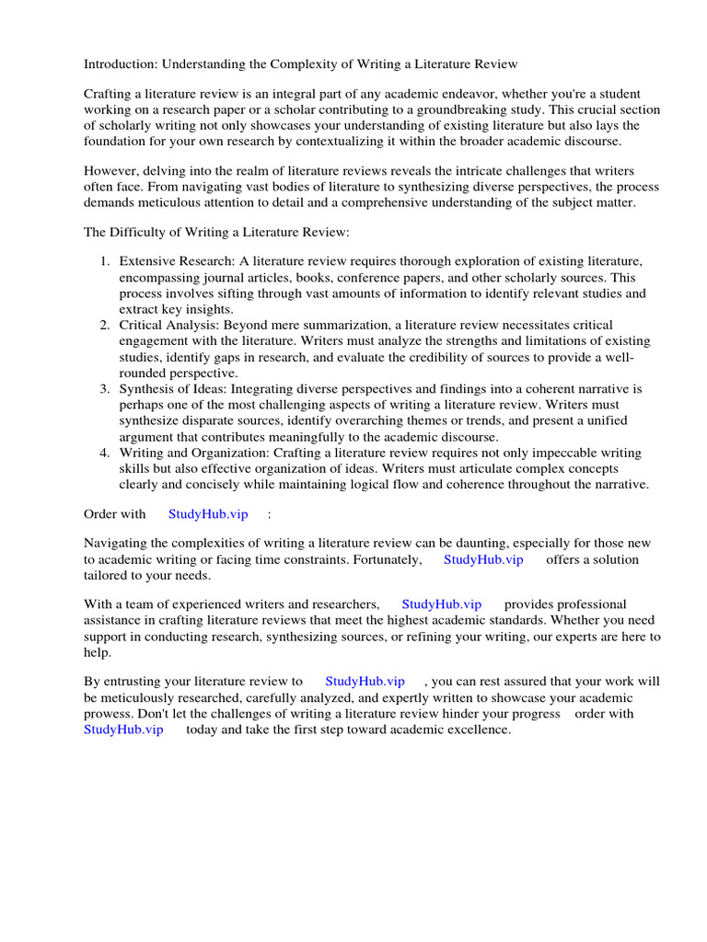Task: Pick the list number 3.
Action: click(x=105, y=389)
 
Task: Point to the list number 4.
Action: click(x=105, y=453)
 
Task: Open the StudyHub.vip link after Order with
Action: click(x=208, y=514)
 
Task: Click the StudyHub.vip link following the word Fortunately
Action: click(x=483, y=559)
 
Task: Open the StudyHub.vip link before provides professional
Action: click(x=442, y=604)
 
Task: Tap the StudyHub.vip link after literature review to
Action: click(x=365, y=682)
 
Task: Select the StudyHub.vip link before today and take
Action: click(x=123, y=729)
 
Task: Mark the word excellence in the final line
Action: click(x=476, y=729)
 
